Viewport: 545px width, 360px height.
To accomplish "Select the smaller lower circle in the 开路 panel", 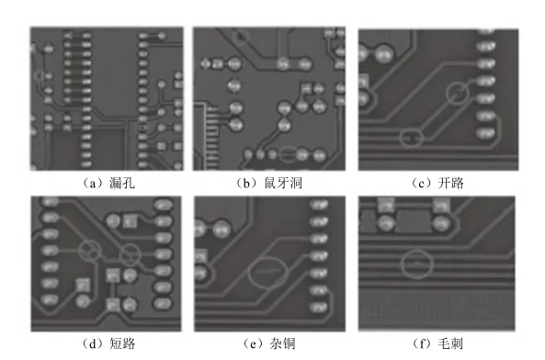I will pyautogui.click(x=413, y=138).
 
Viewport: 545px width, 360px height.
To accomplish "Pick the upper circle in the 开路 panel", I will pyautogui.click(x=457, y=92).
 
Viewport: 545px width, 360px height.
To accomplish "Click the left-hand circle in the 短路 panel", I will pyautogui.click(x=89, y=249).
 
